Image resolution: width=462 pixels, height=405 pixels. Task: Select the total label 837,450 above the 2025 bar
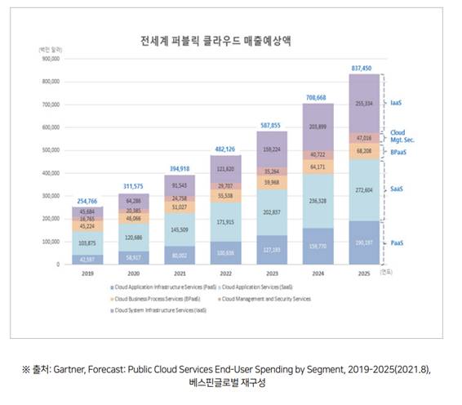pyautogui.click(x=365, y=68)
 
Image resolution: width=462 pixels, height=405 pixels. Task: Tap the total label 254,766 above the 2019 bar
pyautogui.click(x=87, y=201)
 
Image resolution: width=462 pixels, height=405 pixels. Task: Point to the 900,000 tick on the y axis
pyautogui.click(x=51, y=59)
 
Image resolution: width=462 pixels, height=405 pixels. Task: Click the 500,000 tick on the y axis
pyautogui.click(x=51, y=150)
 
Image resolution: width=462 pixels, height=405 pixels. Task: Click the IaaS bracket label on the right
pyautogui.click(x=398, y=105)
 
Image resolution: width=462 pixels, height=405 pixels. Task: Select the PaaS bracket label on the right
pyautogui.click(x=398, y=243)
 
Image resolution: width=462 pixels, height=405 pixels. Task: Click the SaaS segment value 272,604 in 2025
pyautogui.click(x=365, y=189)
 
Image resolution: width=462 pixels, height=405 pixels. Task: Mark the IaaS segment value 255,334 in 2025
pyautogui.click(x=365, y=104)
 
